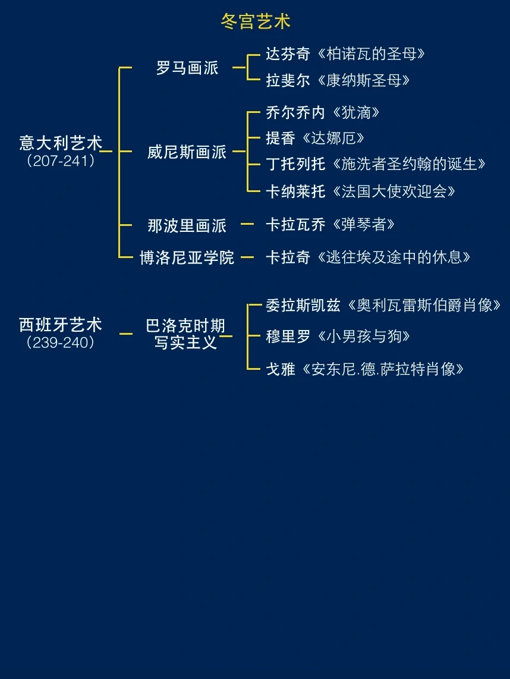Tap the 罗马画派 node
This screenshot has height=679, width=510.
[187, 68]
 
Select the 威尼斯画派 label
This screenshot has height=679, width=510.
[187, 152]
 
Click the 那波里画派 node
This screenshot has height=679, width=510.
[187, 225]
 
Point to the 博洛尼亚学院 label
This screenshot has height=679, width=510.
[187, 258]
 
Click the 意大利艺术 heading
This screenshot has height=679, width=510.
[61, 143]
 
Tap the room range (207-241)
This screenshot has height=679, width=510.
[61, 161]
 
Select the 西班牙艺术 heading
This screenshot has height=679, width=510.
[61, 325]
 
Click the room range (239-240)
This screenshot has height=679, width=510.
[61, 343]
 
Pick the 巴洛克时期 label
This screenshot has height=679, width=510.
[185, 326]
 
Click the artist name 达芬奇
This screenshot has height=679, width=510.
[288, 54]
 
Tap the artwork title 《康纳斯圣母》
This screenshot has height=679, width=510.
[361, 80]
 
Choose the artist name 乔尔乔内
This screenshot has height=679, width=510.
[295, 112]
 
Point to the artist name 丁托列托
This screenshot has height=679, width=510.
[295, 164]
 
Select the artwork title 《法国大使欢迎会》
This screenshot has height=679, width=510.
[392, 191]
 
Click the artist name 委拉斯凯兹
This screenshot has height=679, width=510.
[303, 306]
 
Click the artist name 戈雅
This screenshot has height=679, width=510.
[281, 369]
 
